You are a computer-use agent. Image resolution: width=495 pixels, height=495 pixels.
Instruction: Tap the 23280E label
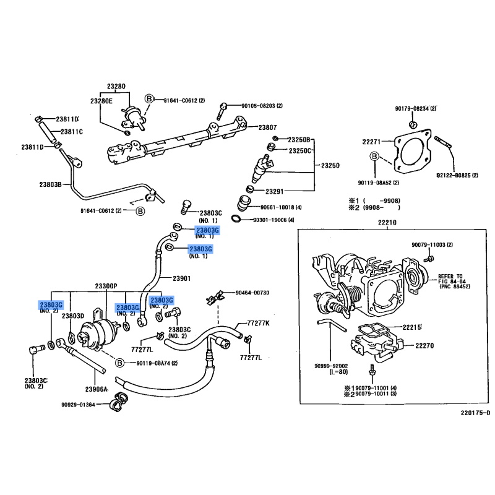(101, 100)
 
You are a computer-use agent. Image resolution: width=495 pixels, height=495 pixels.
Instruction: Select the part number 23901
(181, 278)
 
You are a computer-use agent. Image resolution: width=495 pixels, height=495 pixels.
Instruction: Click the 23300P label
(106, 286)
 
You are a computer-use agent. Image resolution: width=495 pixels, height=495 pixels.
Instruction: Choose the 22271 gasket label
(371, 141)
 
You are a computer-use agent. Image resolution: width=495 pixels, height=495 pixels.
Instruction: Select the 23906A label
(97, 389)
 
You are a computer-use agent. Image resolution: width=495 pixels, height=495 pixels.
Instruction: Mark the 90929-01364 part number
(78, 405)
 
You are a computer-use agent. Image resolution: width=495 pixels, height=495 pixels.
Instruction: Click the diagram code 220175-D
(475, 413)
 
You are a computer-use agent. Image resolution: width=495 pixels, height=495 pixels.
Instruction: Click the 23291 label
(274, 191)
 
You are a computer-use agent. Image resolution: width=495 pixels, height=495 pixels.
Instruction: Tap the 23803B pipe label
(51, 184)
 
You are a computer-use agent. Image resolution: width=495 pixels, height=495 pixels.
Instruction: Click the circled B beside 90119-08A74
(120, 363)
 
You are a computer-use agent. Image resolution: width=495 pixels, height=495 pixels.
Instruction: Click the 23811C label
(72, 132)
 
